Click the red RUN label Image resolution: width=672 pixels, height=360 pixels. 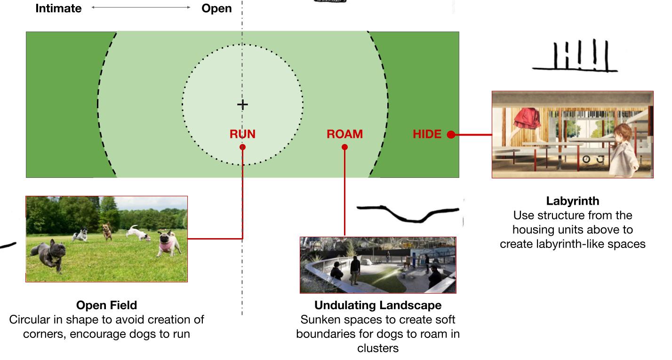(x=242, y=134)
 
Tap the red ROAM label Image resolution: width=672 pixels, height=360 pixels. (x=344, y=134)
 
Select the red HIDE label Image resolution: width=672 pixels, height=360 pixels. (x=427, y=134)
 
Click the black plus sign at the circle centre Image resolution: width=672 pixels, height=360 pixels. (x=242, y=104)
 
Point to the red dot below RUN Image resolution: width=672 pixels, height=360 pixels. (x=242, y=147)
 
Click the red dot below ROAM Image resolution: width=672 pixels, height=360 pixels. (x=344, y=147)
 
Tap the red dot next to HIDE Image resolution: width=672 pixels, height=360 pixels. (x=450, y=135)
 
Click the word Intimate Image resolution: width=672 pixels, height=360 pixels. (x=58, y=8)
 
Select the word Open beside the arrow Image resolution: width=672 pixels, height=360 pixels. (x=216, y=8)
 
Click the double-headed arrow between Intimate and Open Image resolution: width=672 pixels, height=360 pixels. (x=141, y=8)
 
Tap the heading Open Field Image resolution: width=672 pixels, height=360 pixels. (x=106, y=305)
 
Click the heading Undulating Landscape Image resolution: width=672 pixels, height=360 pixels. (x=378, y=305)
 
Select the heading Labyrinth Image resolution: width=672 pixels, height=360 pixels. (x=572, y=201)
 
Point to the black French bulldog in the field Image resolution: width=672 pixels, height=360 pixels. (x=47, y=254)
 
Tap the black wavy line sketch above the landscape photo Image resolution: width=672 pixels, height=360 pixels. (x=408, y=213)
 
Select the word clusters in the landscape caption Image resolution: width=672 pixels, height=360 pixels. (x=378, y=348)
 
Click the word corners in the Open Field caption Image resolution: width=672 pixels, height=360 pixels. (x=43, y=335)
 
